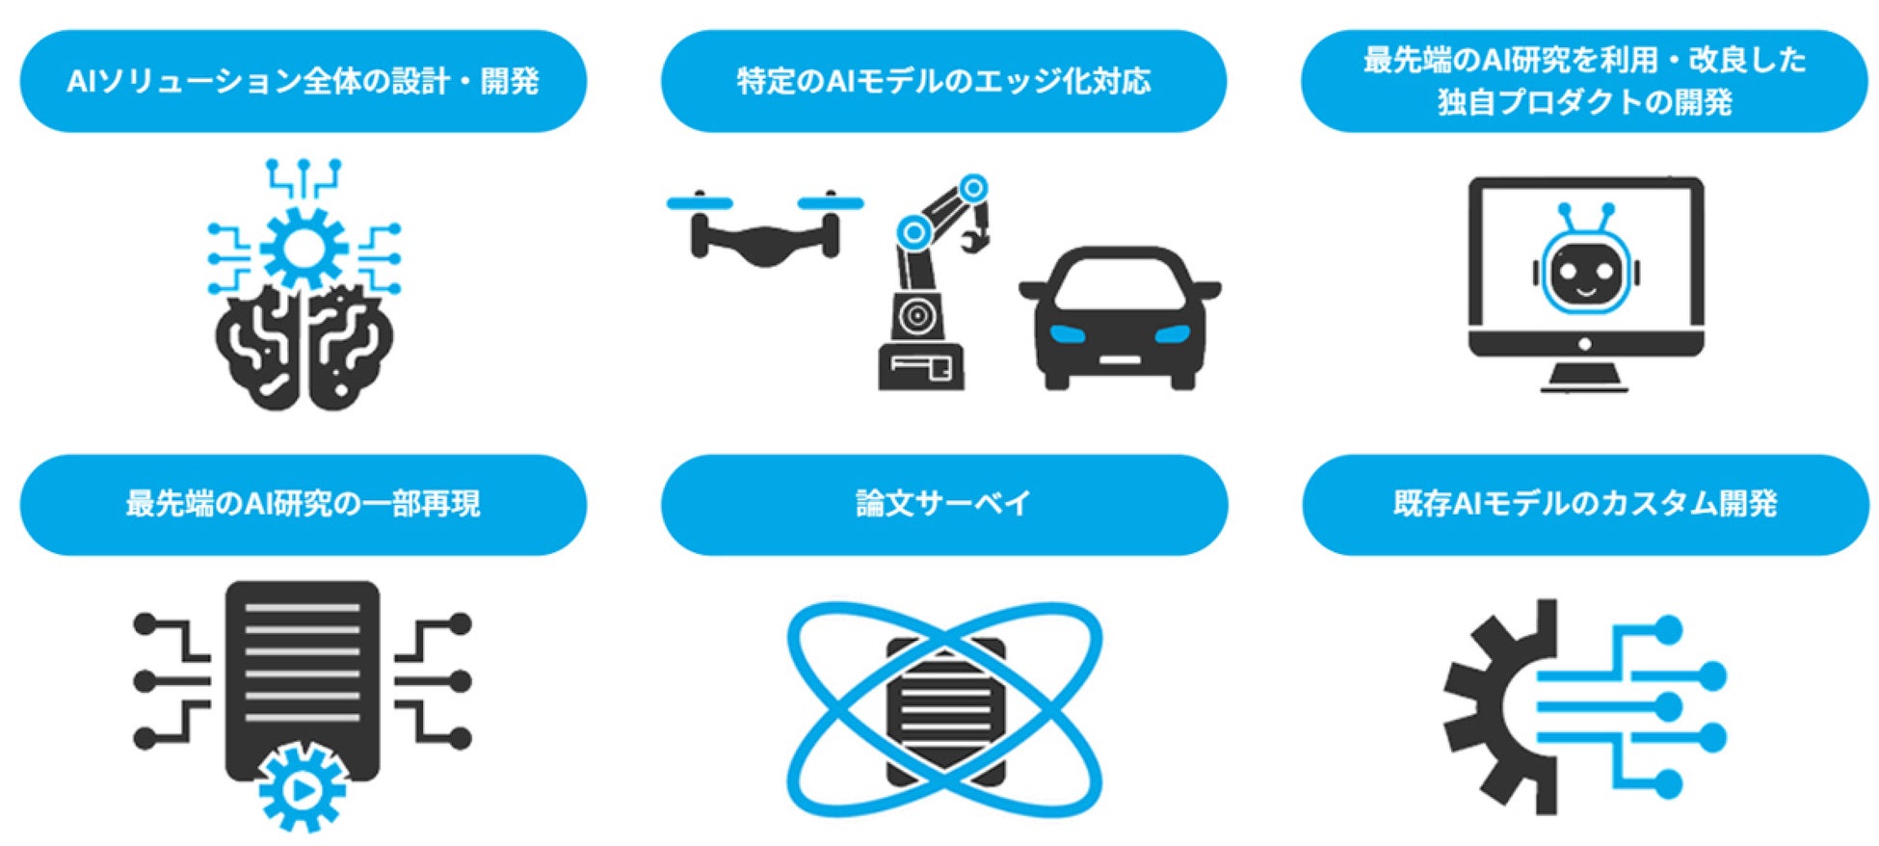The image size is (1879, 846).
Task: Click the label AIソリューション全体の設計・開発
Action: pyautogui.click(x=303, y=81)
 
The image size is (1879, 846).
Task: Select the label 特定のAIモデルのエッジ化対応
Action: pyautogui.click(x=943, y=81)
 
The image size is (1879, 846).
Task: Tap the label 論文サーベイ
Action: pyautogui.click(x=943, y=504)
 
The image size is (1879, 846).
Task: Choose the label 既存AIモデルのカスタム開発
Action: pyautogui.click(x=1585, y=504)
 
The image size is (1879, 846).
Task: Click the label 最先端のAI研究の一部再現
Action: pyautogui.click(x=303, y=504)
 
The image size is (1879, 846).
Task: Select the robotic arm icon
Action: pyautogui.click(x=925, y=289)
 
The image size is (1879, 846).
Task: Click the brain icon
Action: pyautogui.click(x=303, y=347)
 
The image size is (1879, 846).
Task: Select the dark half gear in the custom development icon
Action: pyautogui.click(x=1494, y=708)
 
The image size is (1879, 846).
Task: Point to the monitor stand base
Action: pyautogui.click(x=1585, y=384)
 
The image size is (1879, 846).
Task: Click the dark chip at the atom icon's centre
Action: pyautogui.click(x=944, y=711)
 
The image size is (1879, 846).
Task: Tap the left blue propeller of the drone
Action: pyautogui.click(x=700, y=203)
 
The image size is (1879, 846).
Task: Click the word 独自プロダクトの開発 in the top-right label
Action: pyautogui.click(x=1585, y=102)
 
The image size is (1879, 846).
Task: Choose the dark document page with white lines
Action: pyautogui.click(x=302, y=674)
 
